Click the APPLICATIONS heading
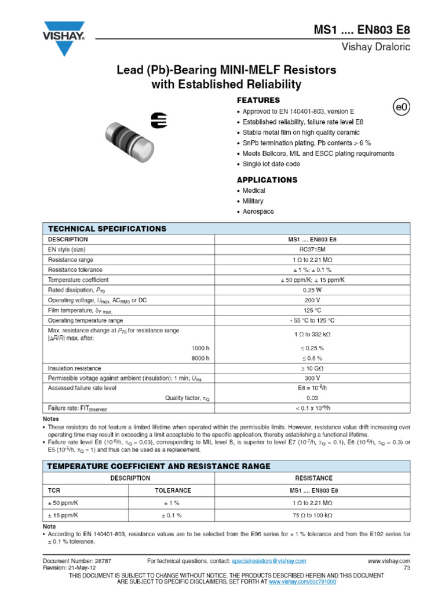(x=267, y=180)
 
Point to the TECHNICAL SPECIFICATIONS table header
(x=107, y=229)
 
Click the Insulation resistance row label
(x=74, y=368)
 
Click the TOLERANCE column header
(x=172, y=490)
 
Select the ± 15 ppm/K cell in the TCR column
(x=63, y=515)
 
